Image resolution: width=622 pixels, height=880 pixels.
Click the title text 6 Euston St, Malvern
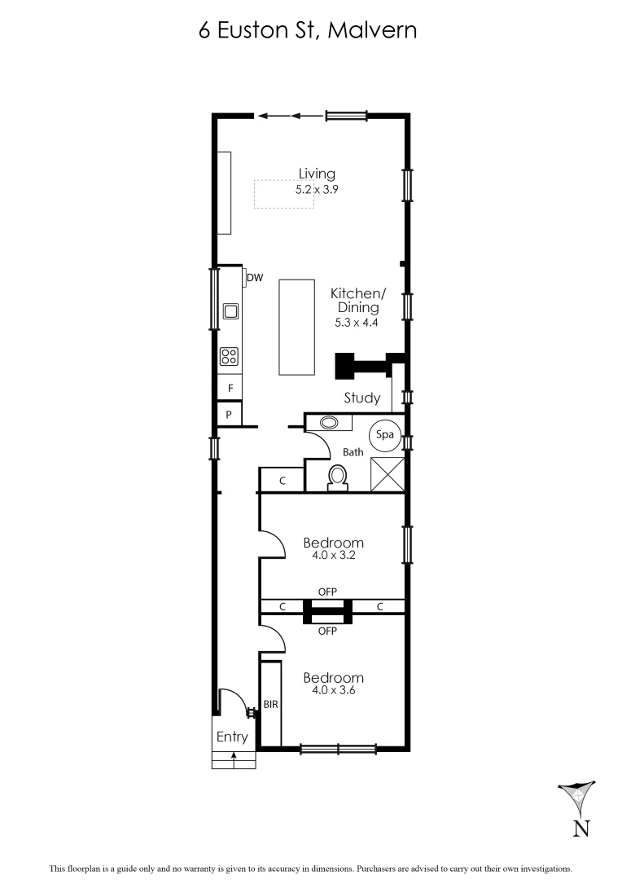(x=308, y=31)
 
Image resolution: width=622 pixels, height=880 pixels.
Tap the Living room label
(x=317, y=174)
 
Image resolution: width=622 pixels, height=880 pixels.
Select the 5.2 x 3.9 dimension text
(x=317, y=188)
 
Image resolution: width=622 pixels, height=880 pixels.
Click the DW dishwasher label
(x=256, y=278)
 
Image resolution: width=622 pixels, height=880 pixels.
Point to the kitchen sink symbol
(x=230, y=310)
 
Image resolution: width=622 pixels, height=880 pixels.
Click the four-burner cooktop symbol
(x=230, y=356)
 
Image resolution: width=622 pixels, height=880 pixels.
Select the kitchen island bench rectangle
(x=296, y=327)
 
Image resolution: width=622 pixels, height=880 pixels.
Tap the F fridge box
(x=230, y=389)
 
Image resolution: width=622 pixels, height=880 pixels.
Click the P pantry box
(x=230, y=415)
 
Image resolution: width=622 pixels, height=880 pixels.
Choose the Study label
(x=361, y=398)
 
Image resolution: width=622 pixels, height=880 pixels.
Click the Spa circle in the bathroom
(x=384, y=435)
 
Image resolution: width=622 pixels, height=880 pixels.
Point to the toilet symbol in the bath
(x=337, y=477)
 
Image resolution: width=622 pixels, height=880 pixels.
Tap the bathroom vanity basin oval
(x=331, y=423)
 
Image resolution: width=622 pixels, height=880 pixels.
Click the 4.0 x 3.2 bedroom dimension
(x=333, y=556)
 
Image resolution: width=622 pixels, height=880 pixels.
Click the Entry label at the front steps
(x=232, y=737)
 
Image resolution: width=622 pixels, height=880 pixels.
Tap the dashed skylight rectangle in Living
(x=283, y=194)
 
